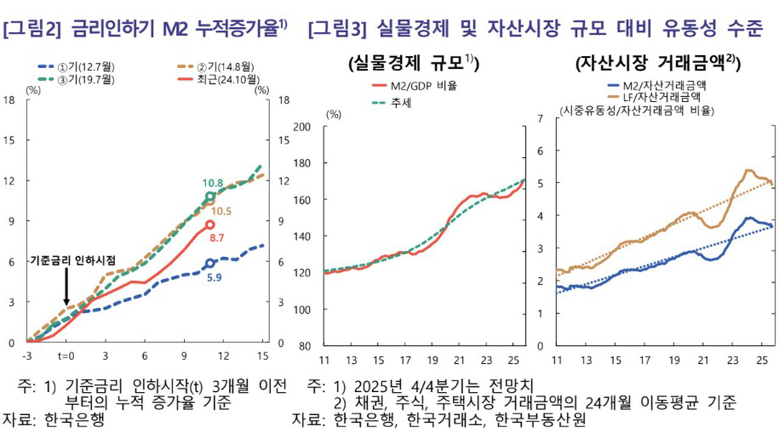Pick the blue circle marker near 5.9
coord(210,263)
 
